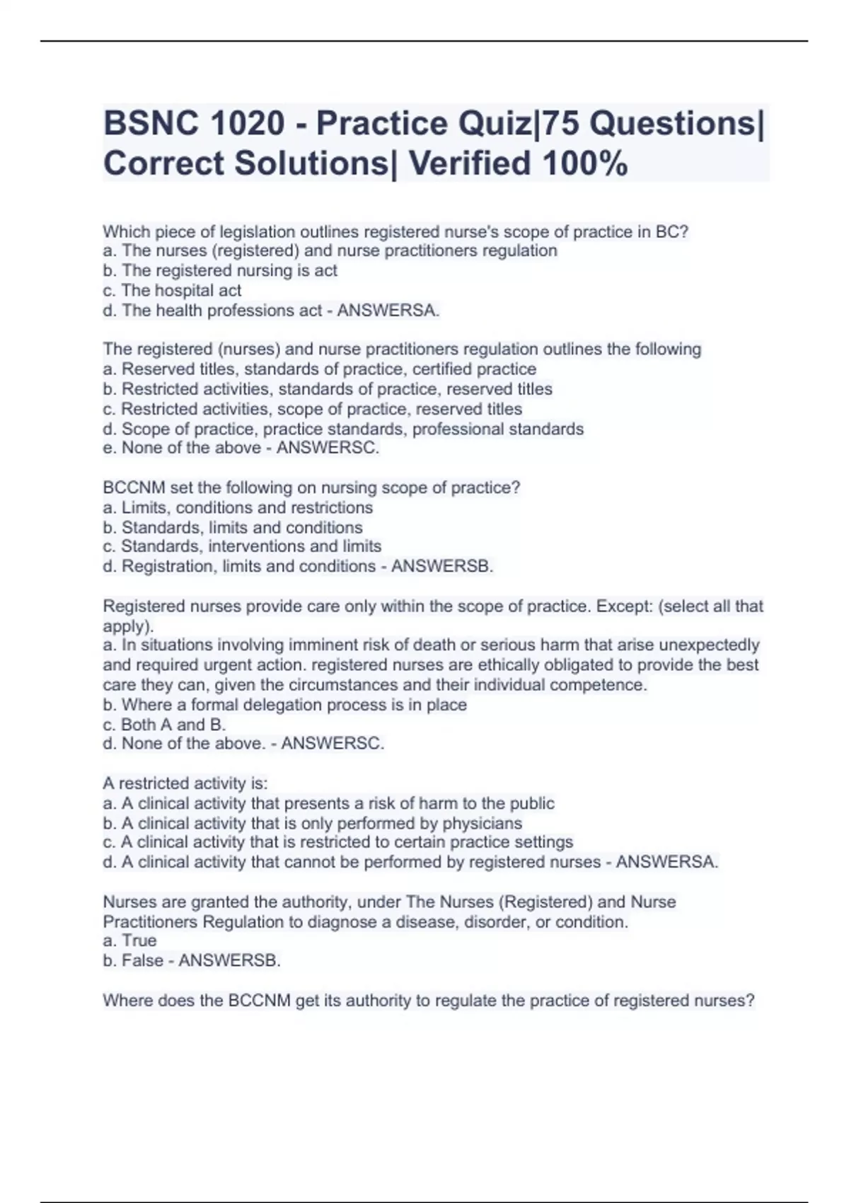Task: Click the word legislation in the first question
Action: click(x=258, y=231)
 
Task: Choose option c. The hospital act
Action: click(x=172, y=290)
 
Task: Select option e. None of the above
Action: click(x=183, y=448)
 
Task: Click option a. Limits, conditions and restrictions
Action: click(x=238, y=507)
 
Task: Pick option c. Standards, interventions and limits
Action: click(x=242, y=546)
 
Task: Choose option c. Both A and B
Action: click(x=164, y=725)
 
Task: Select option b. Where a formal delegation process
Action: click(x=284, y=705)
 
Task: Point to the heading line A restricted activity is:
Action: click(x=185, y=783)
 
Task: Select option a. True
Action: click(x=129, y=940)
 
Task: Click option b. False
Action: click(x=133, y=960)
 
